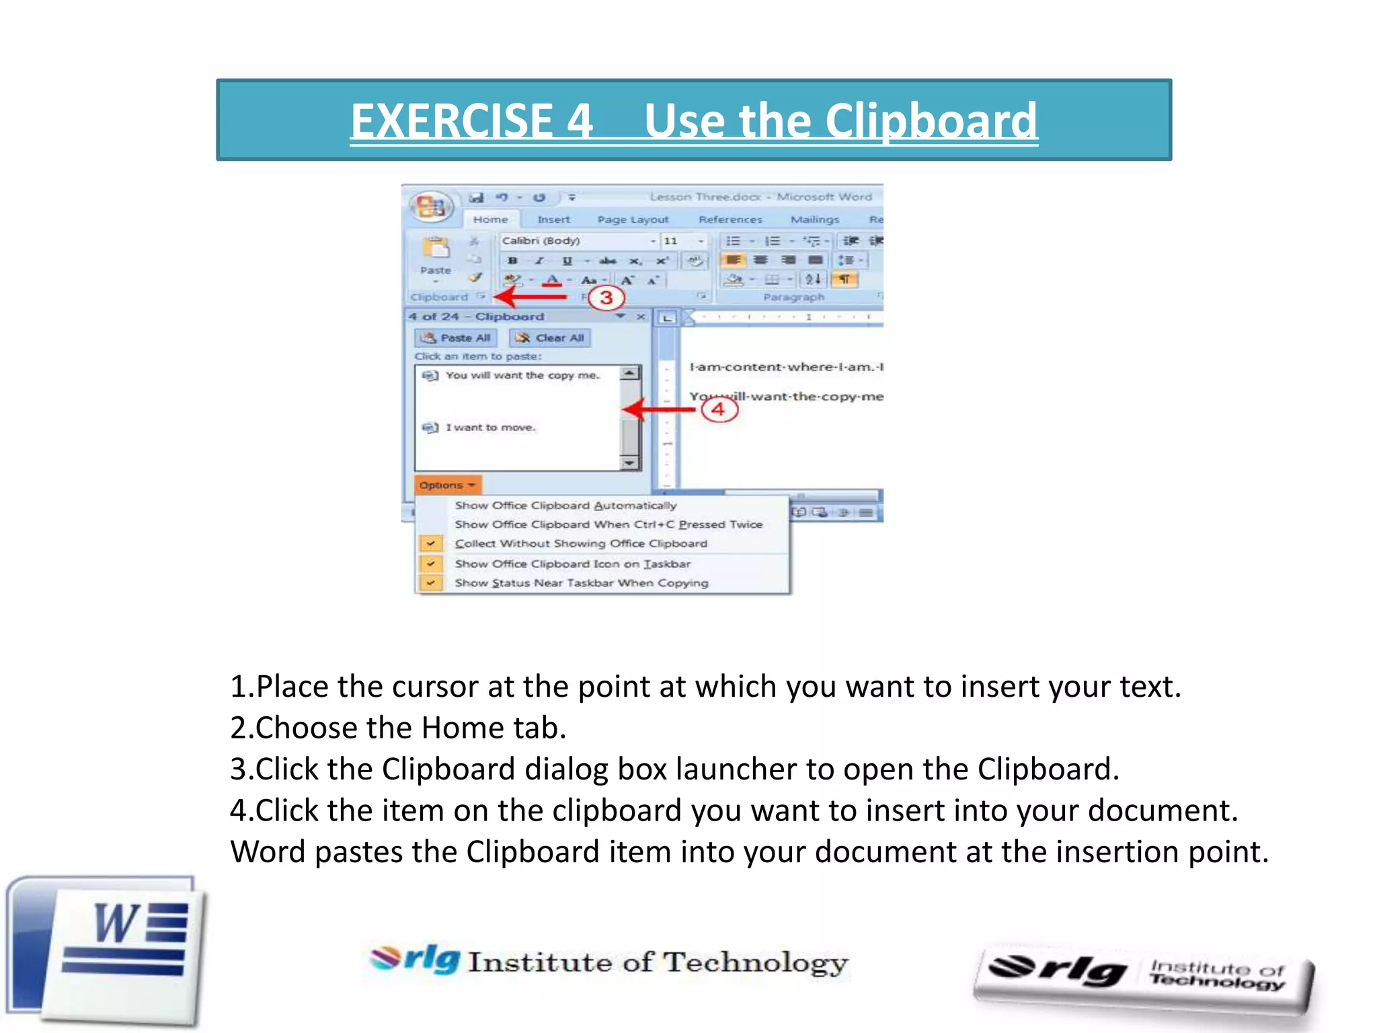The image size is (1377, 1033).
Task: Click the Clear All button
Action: [550, 338]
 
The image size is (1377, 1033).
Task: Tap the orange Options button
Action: [447, 485]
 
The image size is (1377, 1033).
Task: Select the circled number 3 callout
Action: [606, 297]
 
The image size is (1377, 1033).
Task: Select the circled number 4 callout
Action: [719, 409]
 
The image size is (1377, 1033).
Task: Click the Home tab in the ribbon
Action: [490, 219]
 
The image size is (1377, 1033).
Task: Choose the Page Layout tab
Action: [633, 219]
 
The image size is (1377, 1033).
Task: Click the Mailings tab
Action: [814, 219]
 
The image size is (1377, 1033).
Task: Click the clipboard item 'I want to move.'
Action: [490, 428]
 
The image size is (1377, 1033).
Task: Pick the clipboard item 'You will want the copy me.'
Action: [521, 375]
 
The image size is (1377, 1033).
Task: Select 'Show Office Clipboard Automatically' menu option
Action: [565, 505]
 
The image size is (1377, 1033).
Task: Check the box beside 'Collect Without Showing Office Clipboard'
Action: [430, 543]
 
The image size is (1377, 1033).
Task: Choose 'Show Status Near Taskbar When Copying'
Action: [581, 583]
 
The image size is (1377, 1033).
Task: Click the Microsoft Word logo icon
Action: [108, 952]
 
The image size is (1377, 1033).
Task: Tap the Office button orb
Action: [431, 206]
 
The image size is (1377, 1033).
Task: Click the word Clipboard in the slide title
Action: [931, 121]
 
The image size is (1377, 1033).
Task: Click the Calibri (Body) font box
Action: [574, 241]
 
